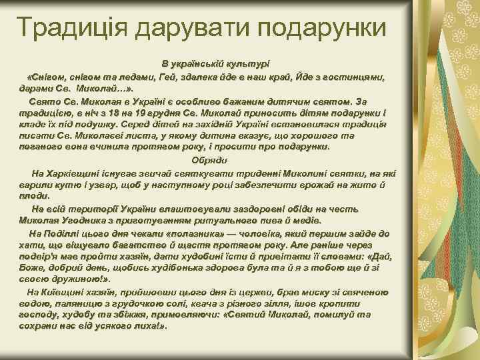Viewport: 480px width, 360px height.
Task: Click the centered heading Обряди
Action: coord(210,161)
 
